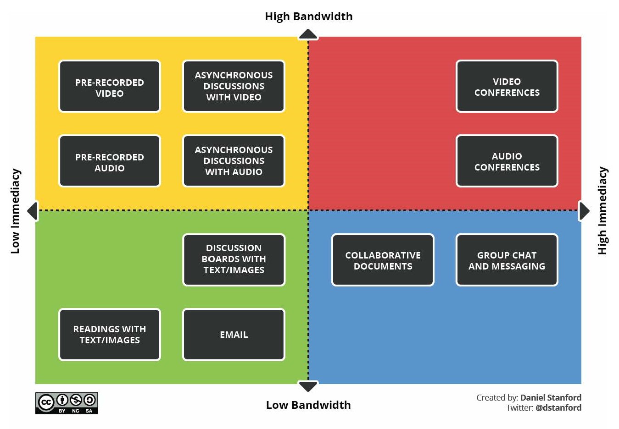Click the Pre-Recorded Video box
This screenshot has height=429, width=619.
pyautogui.click(x=110, y=86)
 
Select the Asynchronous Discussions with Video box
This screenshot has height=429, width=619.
pyautogui.click(x=234, y=86)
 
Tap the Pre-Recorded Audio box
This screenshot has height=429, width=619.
pyautogui.click(x=110, y=161)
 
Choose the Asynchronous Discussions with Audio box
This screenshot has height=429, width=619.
pyautogui.click(x=234, y=161)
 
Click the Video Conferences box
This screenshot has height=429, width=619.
pyautogui.click(x=507, y=86)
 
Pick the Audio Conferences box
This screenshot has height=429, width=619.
pyautogui.click(x=507, y=161)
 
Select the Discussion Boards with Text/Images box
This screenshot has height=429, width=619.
pyautogui.click(x=234, y=260)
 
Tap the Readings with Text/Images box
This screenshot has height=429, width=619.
pyautogui.click(x=110, y=334)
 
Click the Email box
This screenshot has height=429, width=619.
pyautogui.click(x=234, y=334)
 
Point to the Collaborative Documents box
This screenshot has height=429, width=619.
pyautogui.click(x=383, y=260)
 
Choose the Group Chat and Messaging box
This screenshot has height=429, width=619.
pyautogui.click(x=507, y=260)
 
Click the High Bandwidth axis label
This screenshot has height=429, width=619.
pyautogui.click(x=309, y=16)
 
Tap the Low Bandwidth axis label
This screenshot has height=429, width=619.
pyautogui.click(x=308, y=405)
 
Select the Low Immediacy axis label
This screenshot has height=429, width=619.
pyautogui.click(x=16, y=211)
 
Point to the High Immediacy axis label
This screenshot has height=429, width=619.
pyautogui.click(x=602, y=211)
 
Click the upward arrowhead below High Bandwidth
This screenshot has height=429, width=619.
pyautogui.click(x=308, y=34)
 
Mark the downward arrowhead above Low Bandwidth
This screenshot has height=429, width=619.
pyautogui.click(x=308, y=386)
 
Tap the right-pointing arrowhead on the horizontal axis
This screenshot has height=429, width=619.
pyautogui.click(x=584, y=211)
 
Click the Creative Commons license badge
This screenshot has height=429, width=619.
pyautogui.click(x=67, y=403)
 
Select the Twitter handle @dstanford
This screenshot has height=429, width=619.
pyautogui.click(x=558, y=408)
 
